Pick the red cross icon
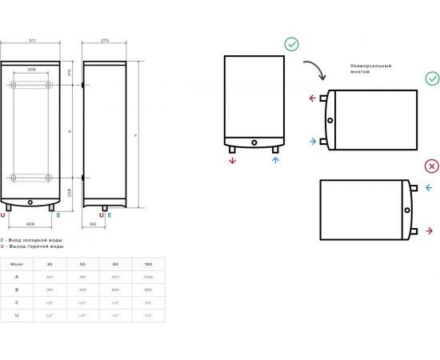(432, 166)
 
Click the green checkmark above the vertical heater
(291, 44)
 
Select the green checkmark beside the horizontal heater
(432, 78)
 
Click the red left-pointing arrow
(311, 99)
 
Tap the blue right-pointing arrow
(311, 142)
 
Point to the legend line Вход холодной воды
(33, 239)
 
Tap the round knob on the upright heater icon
(254, 145)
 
